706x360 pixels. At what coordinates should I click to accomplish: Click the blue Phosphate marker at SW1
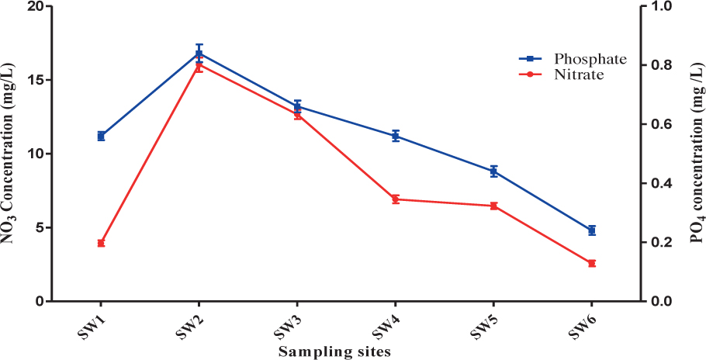(101, 136)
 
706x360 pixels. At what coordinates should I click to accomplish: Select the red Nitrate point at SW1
(101, 243)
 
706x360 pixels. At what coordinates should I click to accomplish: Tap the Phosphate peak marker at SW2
(199, 54)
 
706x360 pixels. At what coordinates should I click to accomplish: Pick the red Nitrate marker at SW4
(396, 199)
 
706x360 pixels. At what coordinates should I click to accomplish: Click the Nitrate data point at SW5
(493, 206)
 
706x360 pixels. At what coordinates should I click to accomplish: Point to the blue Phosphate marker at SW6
(591, 230)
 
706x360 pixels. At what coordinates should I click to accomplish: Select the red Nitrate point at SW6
(591, 264)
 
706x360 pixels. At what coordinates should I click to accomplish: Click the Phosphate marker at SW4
(396, 136)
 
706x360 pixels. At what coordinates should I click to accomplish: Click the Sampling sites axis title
(334, 351)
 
